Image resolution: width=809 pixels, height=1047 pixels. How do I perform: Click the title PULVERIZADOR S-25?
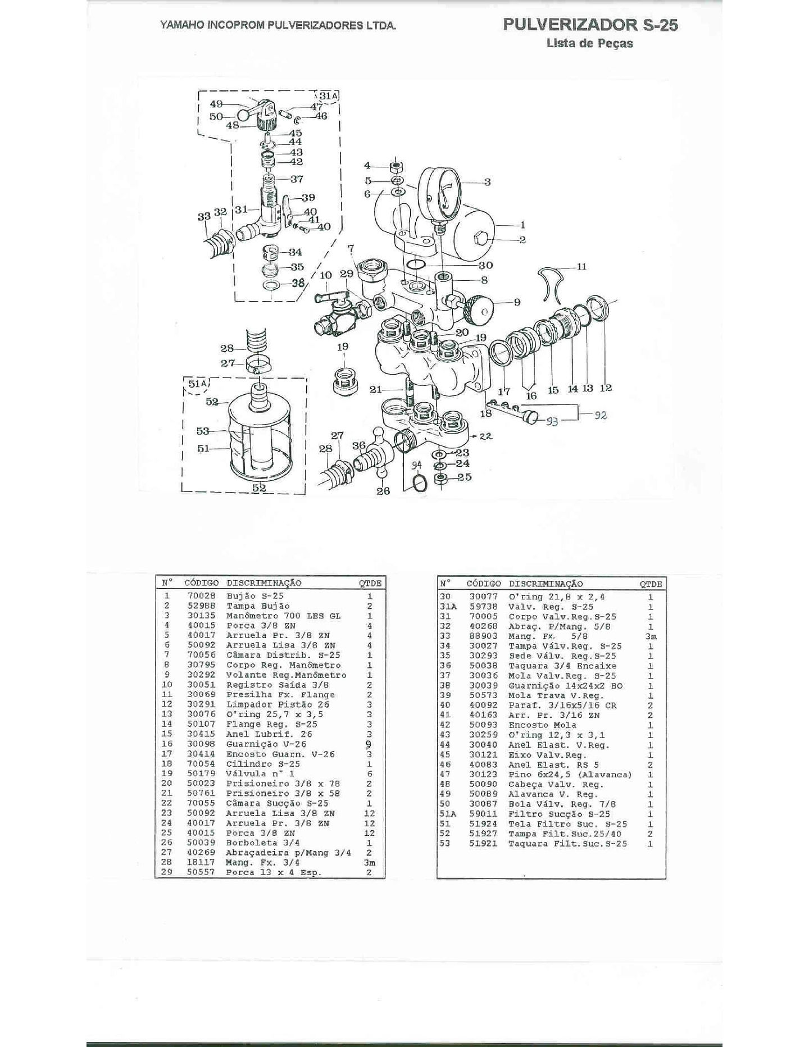pos(590,25)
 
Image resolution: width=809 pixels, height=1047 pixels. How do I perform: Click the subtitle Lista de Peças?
pos(589,43)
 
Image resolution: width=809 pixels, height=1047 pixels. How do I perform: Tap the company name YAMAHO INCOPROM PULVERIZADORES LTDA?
pos(278,26)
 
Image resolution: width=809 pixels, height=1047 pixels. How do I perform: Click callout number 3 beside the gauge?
pos(487,181)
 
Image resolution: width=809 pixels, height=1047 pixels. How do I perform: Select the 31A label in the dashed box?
pos(328,95)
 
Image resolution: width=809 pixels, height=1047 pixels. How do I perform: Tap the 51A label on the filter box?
pos(198,384)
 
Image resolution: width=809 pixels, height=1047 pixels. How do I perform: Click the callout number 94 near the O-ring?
pos(416,465)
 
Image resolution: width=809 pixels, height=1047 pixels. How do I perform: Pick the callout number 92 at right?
pos(601,416)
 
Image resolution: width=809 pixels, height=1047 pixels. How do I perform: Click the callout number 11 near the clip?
pos(581,266)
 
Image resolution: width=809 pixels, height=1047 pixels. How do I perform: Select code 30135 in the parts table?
pos(201,616)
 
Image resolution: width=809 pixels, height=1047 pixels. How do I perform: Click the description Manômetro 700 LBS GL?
pos(283,616)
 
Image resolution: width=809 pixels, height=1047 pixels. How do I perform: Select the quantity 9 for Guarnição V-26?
pos(369,744)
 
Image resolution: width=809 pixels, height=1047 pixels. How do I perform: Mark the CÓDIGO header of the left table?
pos(201,583)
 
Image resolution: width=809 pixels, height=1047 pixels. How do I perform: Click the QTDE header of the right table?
pos(651,584)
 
